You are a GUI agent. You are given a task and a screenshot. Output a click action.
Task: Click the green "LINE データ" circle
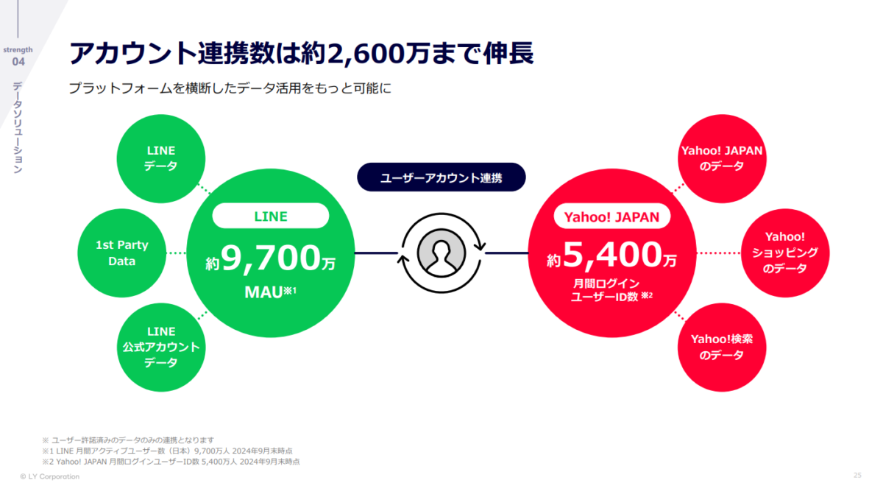161,158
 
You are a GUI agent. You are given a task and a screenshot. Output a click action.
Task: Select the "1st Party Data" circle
122,253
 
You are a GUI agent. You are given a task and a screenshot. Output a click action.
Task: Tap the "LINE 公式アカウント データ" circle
161,347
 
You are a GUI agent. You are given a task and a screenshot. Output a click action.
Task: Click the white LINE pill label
271,216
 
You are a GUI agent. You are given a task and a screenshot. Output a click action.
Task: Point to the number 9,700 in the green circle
271,258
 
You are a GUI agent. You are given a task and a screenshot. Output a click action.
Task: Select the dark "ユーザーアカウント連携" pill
441,177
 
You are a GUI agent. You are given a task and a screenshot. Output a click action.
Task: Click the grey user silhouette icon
441,253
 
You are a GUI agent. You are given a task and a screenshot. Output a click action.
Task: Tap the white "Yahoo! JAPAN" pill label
611,216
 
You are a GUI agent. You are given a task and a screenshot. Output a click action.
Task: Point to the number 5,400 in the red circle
612,255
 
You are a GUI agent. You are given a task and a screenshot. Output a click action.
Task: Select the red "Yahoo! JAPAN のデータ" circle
722,158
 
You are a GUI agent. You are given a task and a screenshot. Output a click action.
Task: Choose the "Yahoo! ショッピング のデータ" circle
785,253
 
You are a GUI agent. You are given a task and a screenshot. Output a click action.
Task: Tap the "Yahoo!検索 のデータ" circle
722,347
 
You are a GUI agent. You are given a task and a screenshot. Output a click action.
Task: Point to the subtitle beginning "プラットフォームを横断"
230,88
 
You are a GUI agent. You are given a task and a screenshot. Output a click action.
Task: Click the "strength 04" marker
18,56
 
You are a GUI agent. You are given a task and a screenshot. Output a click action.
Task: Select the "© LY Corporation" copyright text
50,476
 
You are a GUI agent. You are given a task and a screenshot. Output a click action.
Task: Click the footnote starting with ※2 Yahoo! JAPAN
171,462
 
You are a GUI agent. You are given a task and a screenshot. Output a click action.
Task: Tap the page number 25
857,476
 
